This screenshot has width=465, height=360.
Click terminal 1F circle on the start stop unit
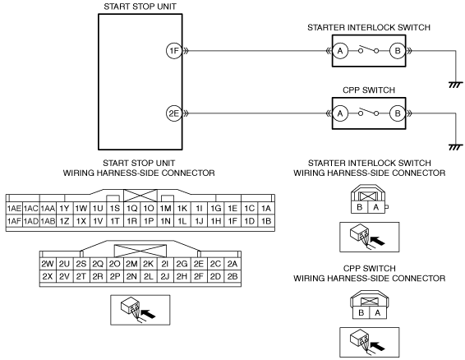coord(174,51)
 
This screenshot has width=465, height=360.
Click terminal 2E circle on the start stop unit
coord(174,113)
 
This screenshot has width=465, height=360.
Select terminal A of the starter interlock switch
coord(340,51)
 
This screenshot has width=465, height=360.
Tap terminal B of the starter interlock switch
coord(398,51)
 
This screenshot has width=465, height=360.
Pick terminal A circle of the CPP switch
coord(340,113)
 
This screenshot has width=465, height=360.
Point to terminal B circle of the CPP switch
coord(398,113)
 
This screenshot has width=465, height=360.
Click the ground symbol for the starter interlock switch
coord(456,85)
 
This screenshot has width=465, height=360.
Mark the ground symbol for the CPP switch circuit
coord(456,147)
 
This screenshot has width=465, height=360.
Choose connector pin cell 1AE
coord(14,209)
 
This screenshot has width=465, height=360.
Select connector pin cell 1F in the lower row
coord(232,221)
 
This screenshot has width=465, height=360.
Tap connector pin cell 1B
coord(266,221)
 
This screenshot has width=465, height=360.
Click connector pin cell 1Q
coord(131,209)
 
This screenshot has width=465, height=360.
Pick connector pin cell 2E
coord(199,264)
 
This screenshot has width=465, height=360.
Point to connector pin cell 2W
coord(48,264)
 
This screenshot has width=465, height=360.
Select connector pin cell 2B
coord(232,276)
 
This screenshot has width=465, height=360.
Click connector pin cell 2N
coord(131,276)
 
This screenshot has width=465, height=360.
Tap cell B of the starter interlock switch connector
coord(359,207)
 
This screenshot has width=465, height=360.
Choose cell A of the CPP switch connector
coord(378,312)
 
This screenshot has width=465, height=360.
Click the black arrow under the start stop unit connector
coord(148,314)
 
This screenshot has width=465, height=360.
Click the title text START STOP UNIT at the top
coord(140,7)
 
